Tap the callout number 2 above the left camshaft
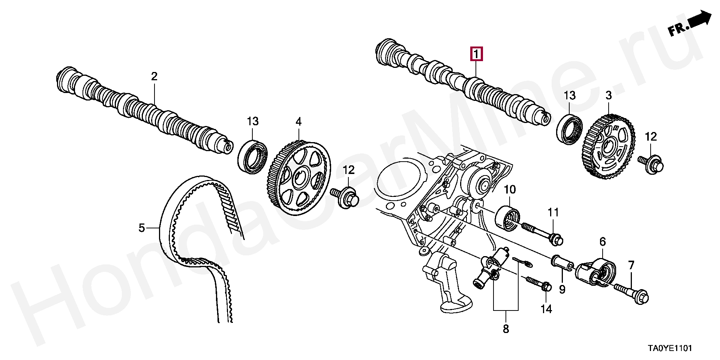tap(154, 76)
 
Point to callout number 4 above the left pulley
tap(298, 121)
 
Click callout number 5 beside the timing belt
tap(141, 228)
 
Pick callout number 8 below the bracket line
tap(505, 329)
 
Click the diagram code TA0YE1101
tap(670, 348)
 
